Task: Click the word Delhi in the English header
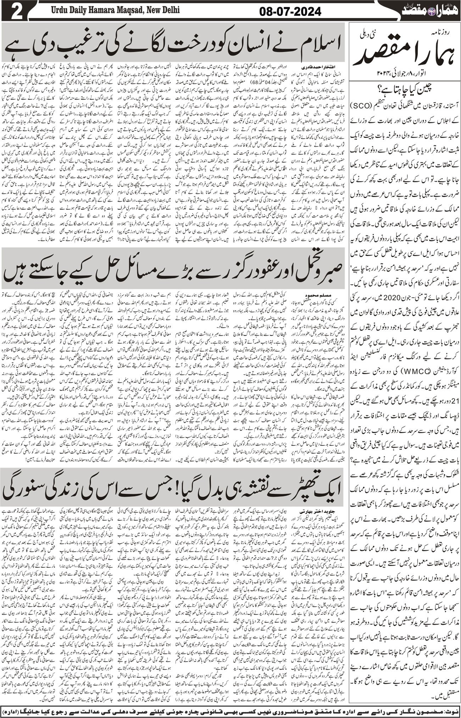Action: pos(168,10)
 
